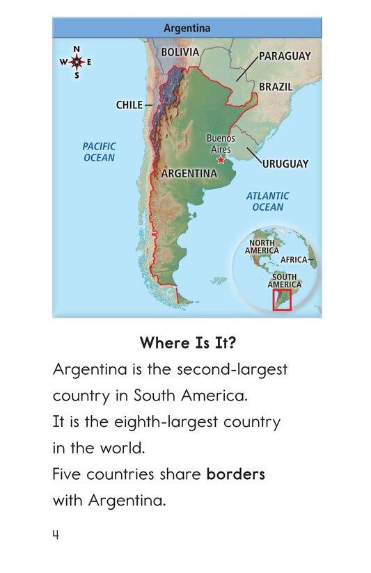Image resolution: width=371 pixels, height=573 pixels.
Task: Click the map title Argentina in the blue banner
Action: pos(187,29)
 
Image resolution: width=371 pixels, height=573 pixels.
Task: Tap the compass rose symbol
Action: pos(77,62)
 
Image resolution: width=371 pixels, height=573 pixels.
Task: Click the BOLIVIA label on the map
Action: pos(180,52)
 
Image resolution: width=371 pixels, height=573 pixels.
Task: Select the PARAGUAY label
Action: pos(284,56)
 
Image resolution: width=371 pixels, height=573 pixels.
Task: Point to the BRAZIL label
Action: pos(276,87)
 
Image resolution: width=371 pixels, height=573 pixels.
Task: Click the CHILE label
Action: pos(129,105)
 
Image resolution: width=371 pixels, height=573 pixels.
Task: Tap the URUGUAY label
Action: pos(285,164)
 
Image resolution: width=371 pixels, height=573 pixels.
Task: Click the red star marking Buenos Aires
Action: pos(221,160)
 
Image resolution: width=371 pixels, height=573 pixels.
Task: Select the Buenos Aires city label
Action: pos(221,144)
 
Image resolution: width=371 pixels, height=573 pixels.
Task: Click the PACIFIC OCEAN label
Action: pos(99,152)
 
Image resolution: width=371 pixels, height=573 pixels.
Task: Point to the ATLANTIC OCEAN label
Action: pos(267,202)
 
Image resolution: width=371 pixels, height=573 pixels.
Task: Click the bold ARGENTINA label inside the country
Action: pos(189,173)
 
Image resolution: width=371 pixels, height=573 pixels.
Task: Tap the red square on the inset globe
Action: pos(281,299)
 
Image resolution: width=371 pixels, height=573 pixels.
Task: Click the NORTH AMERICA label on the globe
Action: pos(263,246)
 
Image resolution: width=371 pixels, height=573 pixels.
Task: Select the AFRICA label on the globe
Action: pos(294,259)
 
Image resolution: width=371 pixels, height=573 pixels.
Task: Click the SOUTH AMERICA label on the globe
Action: pos(284,280)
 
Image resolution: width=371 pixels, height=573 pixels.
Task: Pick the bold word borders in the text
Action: pos(235,474)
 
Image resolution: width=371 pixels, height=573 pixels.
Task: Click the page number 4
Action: pos(55,535)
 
